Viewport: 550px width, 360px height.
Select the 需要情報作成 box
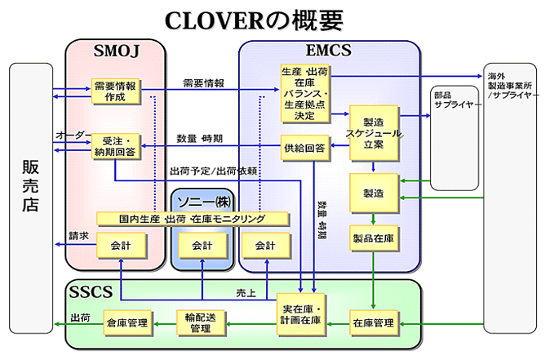point(114,91)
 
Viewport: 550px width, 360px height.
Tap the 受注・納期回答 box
point(114,146)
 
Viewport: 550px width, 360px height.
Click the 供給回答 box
point(304,148)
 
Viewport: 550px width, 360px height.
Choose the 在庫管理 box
point(373,323)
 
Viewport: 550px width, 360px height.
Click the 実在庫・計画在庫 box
point(304,314)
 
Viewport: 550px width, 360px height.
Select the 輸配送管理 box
point(200,322)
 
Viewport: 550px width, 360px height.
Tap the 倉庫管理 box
point(126,323)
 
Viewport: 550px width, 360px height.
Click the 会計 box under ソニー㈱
point(202,245)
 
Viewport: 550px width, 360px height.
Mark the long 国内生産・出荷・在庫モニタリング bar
point(193,219)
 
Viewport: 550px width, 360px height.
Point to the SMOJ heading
point(117,53)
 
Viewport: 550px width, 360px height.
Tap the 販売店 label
point(30,186)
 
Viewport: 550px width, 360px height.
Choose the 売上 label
point(246,291)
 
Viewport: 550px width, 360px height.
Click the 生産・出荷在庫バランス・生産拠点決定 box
point(304,92)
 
